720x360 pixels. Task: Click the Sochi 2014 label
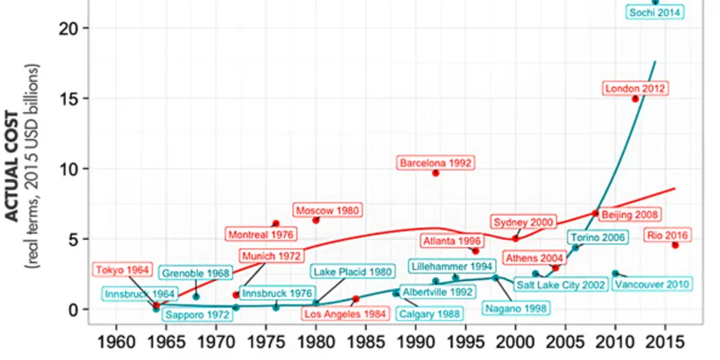pos(655,12)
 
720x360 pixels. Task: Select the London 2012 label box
pos(635,88)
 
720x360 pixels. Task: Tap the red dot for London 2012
pos(635,99)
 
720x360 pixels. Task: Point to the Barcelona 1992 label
pos(435,163)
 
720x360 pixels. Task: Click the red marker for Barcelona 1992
pos(435,173)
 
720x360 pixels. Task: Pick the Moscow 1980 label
pos(328,210)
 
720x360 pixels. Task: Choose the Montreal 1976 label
pos(261,235)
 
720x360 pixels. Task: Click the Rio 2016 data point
pos(675,245)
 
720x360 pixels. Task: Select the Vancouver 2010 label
pos(651,284)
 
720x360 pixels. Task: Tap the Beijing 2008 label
pos(629,215)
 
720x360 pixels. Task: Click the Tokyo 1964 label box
pos(122,269)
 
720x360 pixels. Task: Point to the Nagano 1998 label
pos(515,308)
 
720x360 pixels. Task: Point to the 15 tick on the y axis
pos(71,98)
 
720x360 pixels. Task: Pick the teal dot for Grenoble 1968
pos(196,296)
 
